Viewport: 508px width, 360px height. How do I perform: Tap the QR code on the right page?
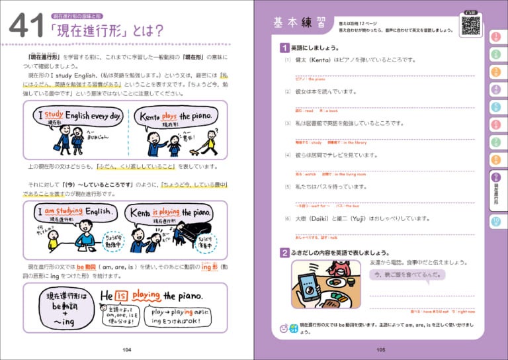click(470, 25)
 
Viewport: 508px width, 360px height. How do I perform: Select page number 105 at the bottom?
click(380, 349)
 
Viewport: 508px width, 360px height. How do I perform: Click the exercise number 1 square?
click(284, 48)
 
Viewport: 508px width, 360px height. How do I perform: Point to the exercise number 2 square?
click(284, 252)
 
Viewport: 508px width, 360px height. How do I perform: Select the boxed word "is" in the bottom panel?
click(122, 296)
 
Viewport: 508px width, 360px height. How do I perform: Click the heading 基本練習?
click(296, 24)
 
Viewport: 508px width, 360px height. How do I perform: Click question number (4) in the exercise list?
click(288, 156)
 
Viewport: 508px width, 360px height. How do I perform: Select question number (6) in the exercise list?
click(288, 218)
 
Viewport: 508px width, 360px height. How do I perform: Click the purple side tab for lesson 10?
click(496, 222)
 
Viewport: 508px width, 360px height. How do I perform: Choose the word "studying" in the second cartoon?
click(65, 211)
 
